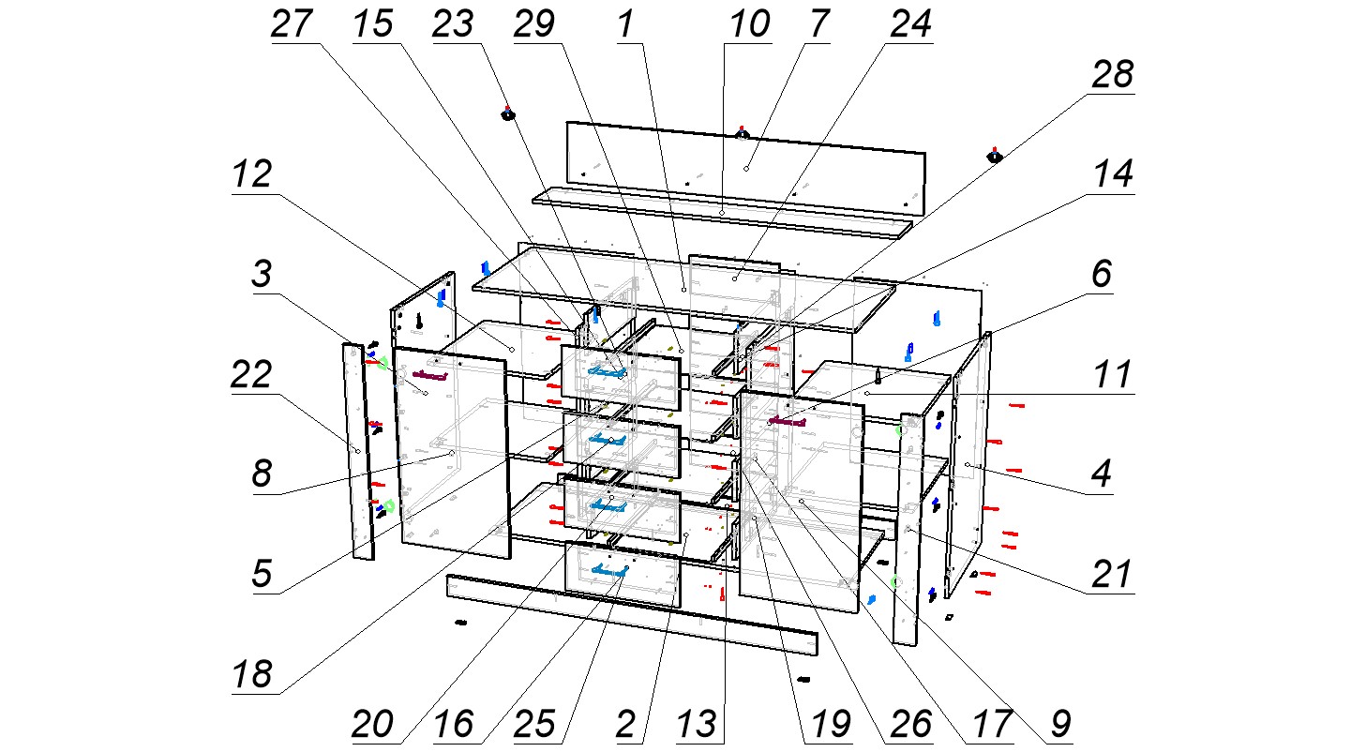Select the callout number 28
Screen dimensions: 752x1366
tap(1113, 76)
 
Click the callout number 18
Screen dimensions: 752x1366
tap(251, 674)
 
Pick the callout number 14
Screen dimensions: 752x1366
tap(1113, 175)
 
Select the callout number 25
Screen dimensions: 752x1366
tap(535, 723)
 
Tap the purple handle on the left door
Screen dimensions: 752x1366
tap(430, 375)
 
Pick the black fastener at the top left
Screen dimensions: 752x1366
tap(507, 115)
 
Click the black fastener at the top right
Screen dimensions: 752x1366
tap(995, 156)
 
